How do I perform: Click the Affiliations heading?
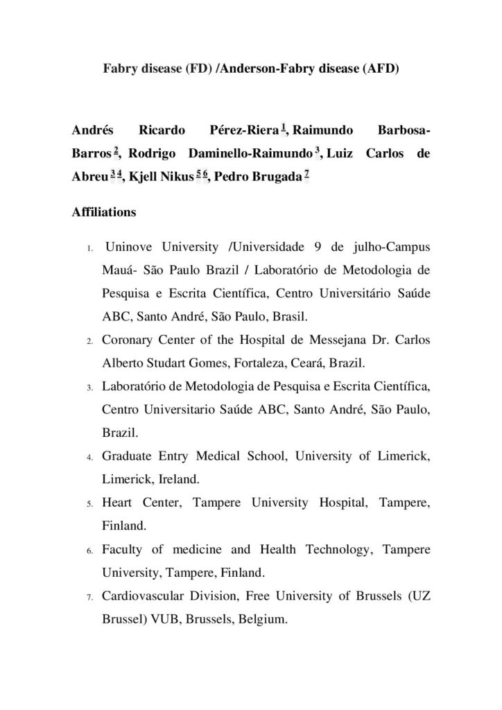click(x=103, y=212)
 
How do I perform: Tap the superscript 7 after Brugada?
click(x=306, y=175)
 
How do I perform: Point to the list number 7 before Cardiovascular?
click(x=90, y=598)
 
